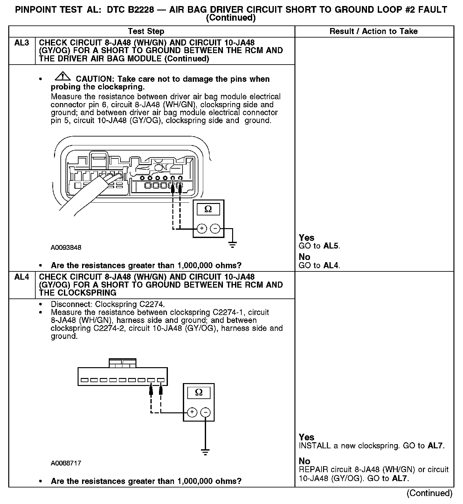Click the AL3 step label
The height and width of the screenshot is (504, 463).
tap(22, 43)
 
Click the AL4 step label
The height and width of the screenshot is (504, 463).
tap(22, 277)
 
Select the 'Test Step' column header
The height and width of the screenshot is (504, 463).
tap(146, 31)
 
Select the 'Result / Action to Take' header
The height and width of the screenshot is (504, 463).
tap(374, 31)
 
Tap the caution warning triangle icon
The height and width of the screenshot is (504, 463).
tap(63, 77)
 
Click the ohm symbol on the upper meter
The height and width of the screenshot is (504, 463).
tap(208, 209)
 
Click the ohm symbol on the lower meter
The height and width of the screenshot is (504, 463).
tap(199, 392)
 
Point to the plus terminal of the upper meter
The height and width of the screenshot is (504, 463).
tap(202, 229)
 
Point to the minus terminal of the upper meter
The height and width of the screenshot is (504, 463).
tap(215, 229)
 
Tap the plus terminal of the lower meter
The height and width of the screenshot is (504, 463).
tap(192, 412)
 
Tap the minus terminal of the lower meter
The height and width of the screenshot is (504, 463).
tap(206, 412)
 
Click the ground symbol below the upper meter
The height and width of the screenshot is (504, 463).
tap(233, 245)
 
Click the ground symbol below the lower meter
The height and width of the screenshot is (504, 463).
tap(205, 452)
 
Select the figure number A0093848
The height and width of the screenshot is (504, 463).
tap(66, 248)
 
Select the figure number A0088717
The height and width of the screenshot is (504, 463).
tap(66, 463)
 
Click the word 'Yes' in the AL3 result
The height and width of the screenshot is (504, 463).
tap(307, 238)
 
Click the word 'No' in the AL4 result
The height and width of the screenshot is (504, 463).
tap(305, 461)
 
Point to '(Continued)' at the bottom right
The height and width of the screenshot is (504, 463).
tap(429, 493)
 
